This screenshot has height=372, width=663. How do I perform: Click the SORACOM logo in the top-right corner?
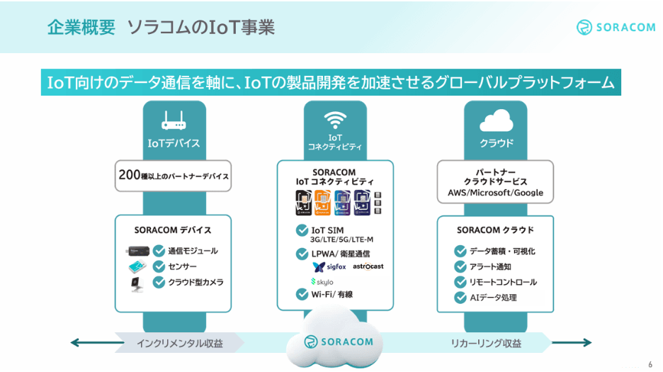tap(614, 27)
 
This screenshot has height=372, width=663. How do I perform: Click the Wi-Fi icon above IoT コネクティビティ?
tap(334, 118)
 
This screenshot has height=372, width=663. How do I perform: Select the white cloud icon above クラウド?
tap(496, 119)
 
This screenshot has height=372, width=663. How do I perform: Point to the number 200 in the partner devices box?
tap(130, 175)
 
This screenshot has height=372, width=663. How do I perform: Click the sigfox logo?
tap(329, 267)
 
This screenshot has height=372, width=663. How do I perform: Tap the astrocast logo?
tap(368, 266)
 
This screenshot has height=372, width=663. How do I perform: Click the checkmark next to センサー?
tap(159, 266)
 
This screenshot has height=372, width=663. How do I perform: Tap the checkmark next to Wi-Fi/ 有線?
tap(301, 295)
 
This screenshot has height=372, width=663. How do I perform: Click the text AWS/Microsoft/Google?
tap(495, 193)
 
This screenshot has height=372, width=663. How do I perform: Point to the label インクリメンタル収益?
tap(180, 344)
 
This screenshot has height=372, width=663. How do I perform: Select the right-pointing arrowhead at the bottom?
tap(586, 344)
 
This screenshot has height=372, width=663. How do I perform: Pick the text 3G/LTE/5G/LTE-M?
tap(342, 239)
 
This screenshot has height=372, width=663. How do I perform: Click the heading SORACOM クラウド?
tap(495, 230)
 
